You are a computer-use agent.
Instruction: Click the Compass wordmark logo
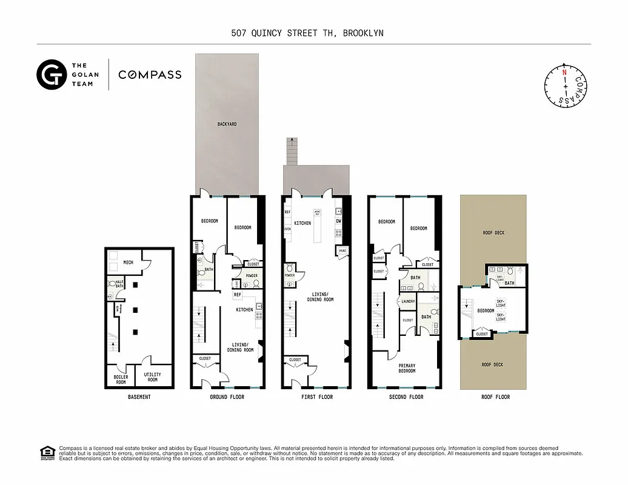click(x=150, y=75)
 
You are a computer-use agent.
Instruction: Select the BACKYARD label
click(x=227, y=124)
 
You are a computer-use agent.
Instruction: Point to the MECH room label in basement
click(x=129, y=263)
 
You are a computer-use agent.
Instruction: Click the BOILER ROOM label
click(x=121, y=379)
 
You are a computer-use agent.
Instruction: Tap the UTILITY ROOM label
click(x=153, y=377)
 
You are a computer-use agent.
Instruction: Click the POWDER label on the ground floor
click(x=251, y=276)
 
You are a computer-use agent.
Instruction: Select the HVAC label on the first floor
click(x=342, y=251)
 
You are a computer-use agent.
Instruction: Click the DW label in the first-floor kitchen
click(x=338, y=221)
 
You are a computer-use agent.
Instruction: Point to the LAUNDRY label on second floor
click(x=407, y=301)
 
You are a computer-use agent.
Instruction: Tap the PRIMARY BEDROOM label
click(x=407, y=368)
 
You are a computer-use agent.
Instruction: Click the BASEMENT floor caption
click(x=139, y=397)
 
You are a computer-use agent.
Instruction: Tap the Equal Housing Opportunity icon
click(x=46, y=453)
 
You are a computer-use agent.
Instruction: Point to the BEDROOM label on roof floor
click(x=486, y=311)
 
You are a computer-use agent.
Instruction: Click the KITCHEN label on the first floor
click(x=302, y=223)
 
